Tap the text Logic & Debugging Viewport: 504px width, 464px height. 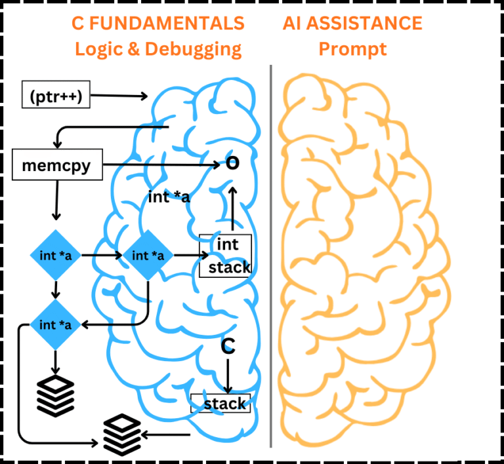pos(158,49)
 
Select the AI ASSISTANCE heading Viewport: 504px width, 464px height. pos(352,24)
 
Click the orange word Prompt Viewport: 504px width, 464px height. pos(352,49)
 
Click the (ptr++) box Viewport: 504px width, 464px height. pos(55,96)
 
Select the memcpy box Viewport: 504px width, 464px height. pos(57,165)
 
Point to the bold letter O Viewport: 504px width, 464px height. pos(232,164)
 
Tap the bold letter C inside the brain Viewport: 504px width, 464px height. pos(228,347)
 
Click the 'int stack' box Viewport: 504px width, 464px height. pos(225,256)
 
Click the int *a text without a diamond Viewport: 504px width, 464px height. pos(170,197)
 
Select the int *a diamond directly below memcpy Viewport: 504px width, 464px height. pos(56,256)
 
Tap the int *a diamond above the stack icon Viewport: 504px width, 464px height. pos(56,324)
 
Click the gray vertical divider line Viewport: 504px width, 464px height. pos(271,256)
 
